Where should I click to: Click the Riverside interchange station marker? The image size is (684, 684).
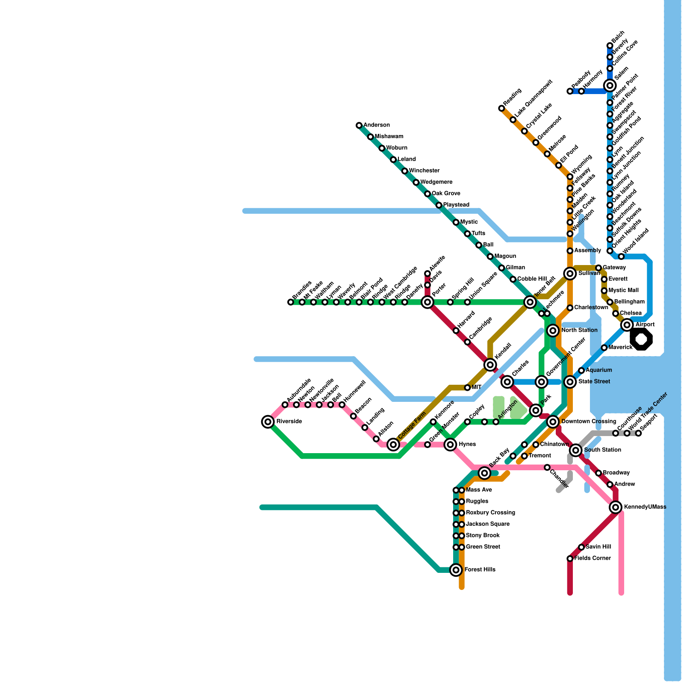pyautogui.click(x=268, y=422)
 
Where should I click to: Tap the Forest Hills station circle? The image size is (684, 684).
pyautogui.click(x=456, y=570)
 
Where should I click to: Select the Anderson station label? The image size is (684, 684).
pyautogui.click(x=376, y=125)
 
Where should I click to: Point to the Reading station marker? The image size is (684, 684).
pyautogui.click(x=501, y=109)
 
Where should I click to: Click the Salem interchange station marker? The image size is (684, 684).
pyautogui.click(x=610, y=85)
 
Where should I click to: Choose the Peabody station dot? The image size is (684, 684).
pyautogui.click(x=570, y=91)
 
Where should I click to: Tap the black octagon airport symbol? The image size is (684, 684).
pyautogui.click(x=641, y=339)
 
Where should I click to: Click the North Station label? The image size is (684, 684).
pyautogui.click(x=579, y=330)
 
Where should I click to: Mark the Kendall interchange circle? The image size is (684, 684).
pyautogui.click(x=490, y=365)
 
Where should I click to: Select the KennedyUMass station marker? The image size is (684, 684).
pyautogui.click(x=616, y=507)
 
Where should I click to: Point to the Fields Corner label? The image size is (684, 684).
pyautogui.click(x=592, y=558)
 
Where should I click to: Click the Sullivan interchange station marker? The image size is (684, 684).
pyautogui.click(x=570, y=274)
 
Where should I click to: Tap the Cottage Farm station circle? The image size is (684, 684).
pyautogui.click(x=393, y=445)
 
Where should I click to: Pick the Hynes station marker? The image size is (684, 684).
pyautogui.click(x=450, y=445)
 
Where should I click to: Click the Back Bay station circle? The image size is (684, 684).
pyautogui.click(x=484, y=473)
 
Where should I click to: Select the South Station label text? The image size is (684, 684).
pyautogui.click(x=602, y=450)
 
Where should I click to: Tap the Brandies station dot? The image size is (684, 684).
pyautogui.click(x=291, y=302)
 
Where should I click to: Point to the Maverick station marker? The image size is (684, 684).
pyautogui.click(x=604, y=348)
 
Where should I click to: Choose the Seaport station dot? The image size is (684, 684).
pyautogui.click(x=638, y=433)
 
